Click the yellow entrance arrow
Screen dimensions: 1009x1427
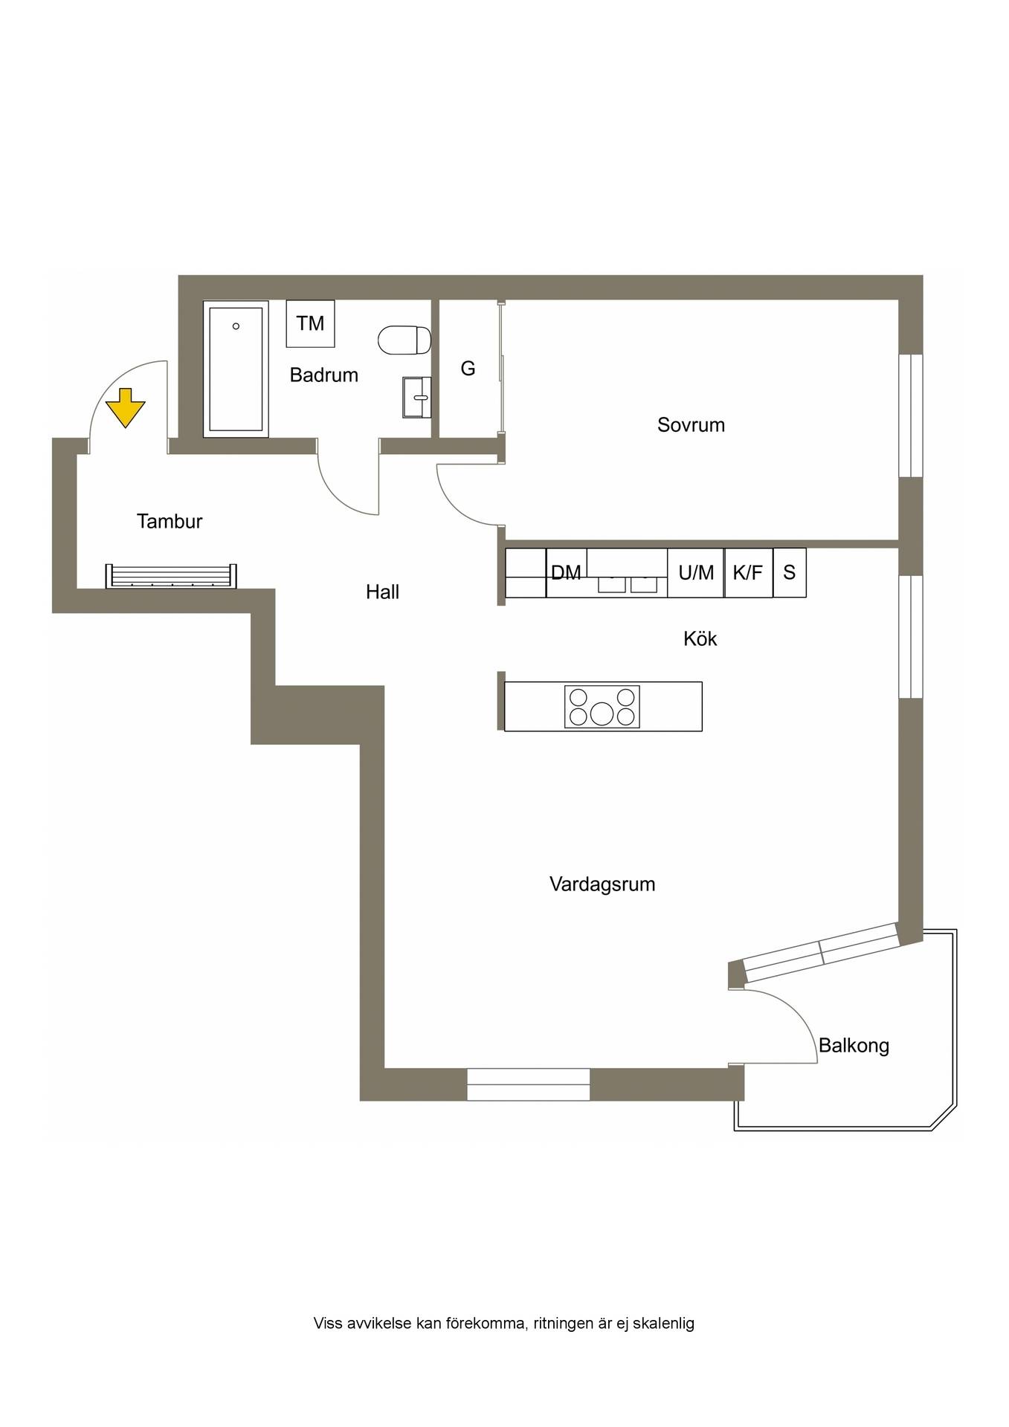coord(125,407)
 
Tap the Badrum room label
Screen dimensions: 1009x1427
coord(323,375)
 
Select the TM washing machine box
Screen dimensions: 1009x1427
coord(310,323)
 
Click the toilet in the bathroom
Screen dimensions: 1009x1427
coord(404,340)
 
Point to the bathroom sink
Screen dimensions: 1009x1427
coord(416,398)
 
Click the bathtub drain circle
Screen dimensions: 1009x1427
coord(236,326)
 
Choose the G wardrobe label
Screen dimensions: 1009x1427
coord(468,368)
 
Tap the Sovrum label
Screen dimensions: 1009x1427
coord(691,424)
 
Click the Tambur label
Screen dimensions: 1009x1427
coord(170,521)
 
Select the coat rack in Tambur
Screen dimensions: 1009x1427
coord(171,576)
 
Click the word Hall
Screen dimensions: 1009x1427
coord(382,592)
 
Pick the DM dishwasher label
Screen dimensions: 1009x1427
coord(566,572)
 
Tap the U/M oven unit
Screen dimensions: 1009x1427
coord(695,572)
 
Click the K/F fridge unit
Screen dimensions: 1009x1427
coord(748,572)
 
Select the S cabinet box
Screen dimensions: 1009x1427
coord(790,572)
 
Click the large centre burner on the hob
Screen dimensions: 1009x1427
coord(602,713)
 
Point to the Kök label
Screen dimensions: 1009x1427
coord(700,638)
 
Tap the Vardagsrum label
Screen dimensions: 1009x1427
coord(602,884)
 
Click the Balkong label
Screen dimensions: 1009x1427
coord(854,1046)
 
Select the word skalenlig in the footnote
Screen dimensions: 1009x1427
coord(663,1324)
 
